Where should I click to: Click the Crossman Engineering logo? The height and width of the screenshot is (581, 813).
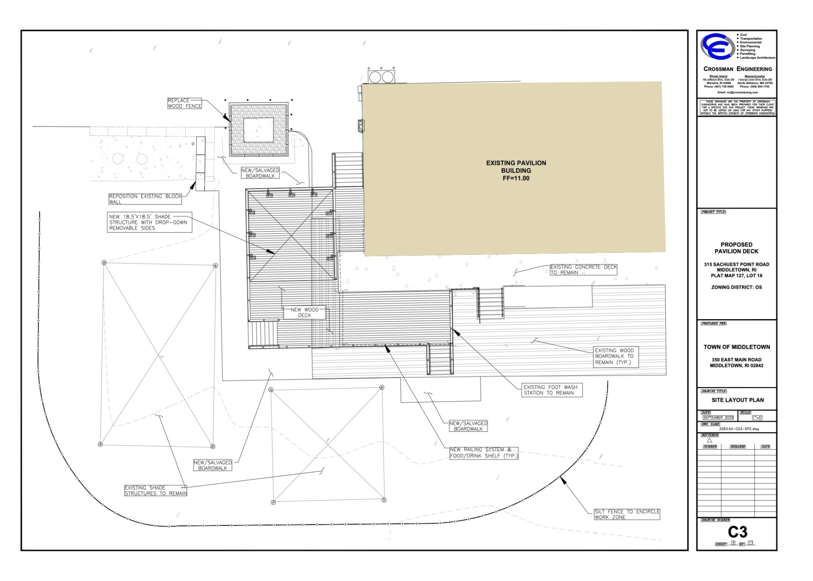pos(717,46)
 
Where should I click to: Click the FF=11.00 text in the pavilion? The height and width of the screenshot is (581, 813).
pos(516,178)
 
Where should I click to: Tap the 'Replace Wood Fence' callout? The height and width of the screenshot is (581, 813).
pos(185,103)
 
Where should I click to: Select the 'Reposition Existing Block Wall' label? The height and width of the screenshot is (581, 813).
pos(145,199)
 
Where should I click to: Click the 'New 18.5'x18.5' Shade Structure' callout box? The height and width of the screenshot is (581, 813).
pos(149,222)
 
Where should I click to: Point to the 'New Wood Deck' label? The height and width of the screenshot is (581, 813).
pos(304,312)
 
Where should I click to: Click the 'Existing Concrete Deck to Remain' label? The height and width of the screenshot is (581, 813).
pos(583,270)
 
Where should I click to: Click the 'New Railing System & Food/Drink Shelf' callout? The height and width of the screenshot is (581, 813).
pos(484,453)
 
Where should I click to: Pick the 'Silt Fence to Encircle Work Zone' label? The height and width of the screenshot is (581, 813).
pos(626,514)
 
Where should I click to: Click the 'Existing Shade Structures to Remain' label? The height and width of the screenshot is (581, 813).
pos(155,490)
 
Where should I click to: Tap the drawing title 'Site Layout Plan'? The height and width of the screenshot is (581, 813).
pos(737,400)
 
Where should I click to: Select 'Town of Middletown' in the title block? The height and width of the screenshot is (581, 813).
pos(737,347)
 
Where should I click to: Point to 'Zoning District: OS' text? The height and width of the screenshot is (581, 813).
pos(736,287)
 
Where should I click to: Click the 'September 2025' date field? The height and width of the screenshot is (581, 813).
pos(718,418)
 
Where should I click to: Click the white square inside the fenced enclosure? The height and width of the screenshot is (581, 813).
pos(259,130)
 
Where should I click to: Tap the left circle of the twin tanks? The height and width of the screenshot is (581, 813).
pos(375,77)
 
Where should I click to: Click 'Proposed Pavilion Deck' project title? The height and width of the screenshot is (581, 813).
pos(736,248)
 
